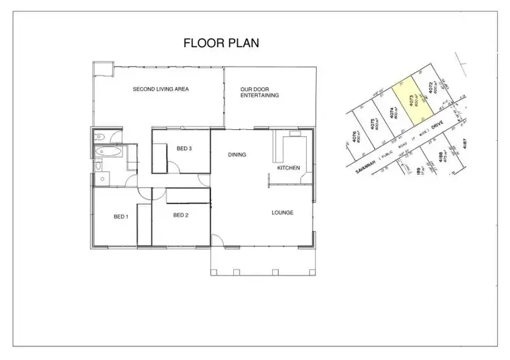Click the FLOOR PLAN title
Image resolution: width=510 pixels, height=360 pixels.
pyautogui.click(x=221, y=43)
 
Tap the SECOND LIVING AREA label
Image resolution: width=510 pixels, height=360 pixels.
pyautogui.click(x=160, y=89)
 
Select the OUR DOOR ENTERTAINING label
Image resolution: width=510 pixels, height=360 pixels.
pyautogui.click(x=260, y=93)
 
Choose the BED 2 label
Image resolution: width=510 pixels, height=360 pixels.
pyautogui.click(x=180, y=216)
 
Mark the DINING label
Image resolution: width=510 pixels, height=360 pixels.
pyautogui.click(x=237, y=154)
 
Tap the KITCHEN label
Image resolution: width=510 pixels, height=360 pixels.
pyautogui.click(x=288, y=167)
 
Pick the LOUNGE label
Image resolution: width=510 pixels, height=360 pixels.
pyautogui.click(x=282, y=213)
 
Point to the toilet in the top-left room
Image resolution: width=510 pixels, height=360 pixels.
pyautogui.click(x=99, y=135)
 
